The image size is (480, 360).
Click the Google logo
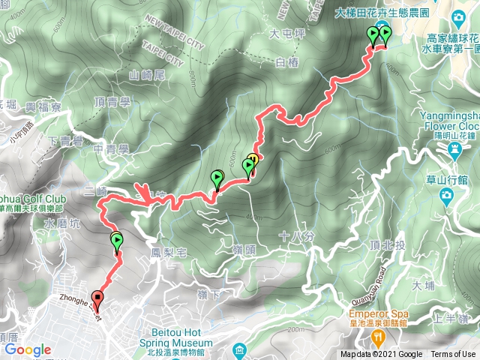(x=28, y=349)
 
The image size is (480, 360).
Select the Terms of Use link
(x=452, y=355)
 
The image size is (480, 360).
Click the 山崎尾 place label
(x=146, y=74)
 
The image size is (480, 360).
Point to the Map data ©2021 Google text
(x=380, y=355)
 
